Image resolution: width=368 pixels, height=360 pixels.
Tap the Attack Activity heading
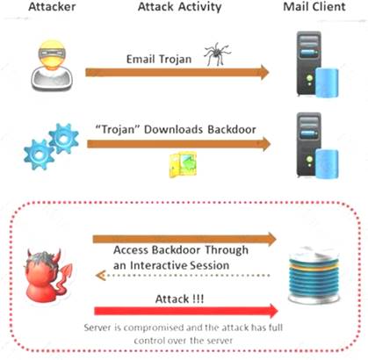178,9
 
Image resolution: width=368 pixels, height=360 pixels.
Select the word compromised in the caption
148,325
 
